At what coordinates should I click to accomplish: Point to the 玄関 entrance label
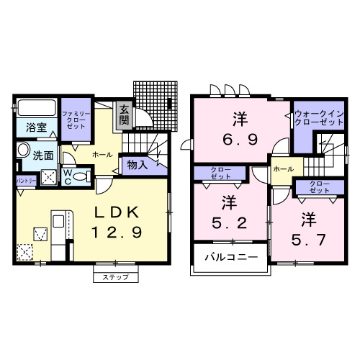pyautogui.click(x=125, y=115)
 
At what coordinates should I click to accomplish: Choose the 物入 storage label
pyautogui.click(x=137, y=165)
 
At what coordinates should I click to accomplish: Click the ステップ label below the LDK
pyautogui.click(x=114, y=276)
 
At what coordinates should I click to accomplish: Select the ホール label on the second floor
pyautogui.click(x=282, y=169)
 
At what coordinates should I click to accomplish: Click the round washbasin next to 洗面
pyautogui.click(x=24, y=152)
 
